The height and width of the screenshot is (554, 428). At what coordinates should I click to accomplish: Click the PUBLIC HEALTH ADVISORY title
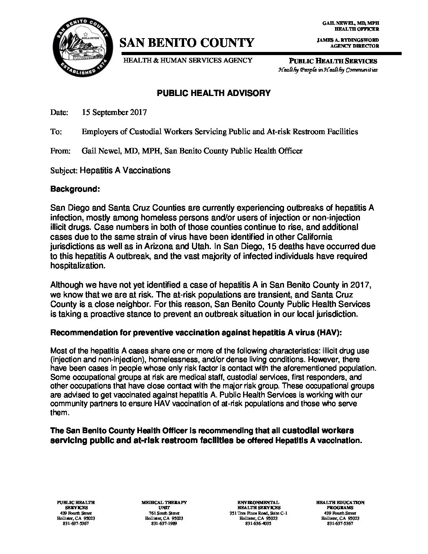click(x=214, y=93)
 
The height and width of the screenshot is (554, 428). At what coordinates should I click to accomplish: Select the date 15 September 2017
click(x=114, y=112)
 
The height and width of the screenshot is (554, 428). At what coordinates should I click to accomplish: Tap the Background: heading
click(x=75, y=189)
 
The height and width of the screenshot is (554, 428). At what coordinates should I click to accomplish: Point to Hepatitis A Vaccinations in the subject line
click(x=125, y=170)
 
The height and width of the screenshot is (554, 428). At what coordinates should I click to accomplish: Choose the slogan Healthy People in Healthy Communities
click(x=328, y=70)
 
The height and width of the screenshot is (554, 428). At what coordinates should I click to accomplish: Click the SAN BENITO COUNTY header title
click(x=187, y=42)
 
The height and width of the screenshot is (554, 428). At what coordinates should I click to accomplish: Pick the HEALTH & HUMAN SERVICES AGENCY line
click(x=188, y=60)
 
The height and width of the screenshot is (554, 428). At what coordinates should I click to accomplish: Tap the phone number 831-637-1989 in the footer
click(x=164, y=524)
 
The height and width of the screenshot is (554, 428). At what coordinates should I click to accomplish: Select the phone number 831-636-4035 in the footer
click(x=258, y=524)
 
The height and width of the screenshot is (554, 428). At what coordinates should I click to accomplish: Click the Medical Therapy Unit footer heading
click(x=164, y=505)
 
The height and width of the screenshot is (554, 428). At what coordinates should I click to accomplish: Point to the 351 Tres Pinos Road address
click(x=258, y=513)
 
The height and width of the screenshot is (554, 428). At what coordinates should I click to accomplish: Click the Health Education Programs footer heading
click(x=340, y=505)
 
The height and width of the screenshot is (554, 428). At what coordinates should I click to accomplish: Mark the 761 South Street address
click(x=164, y=513)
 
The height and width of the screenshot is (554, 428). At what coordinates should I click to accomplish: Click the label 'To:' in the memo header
click(x=56, y=131)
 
